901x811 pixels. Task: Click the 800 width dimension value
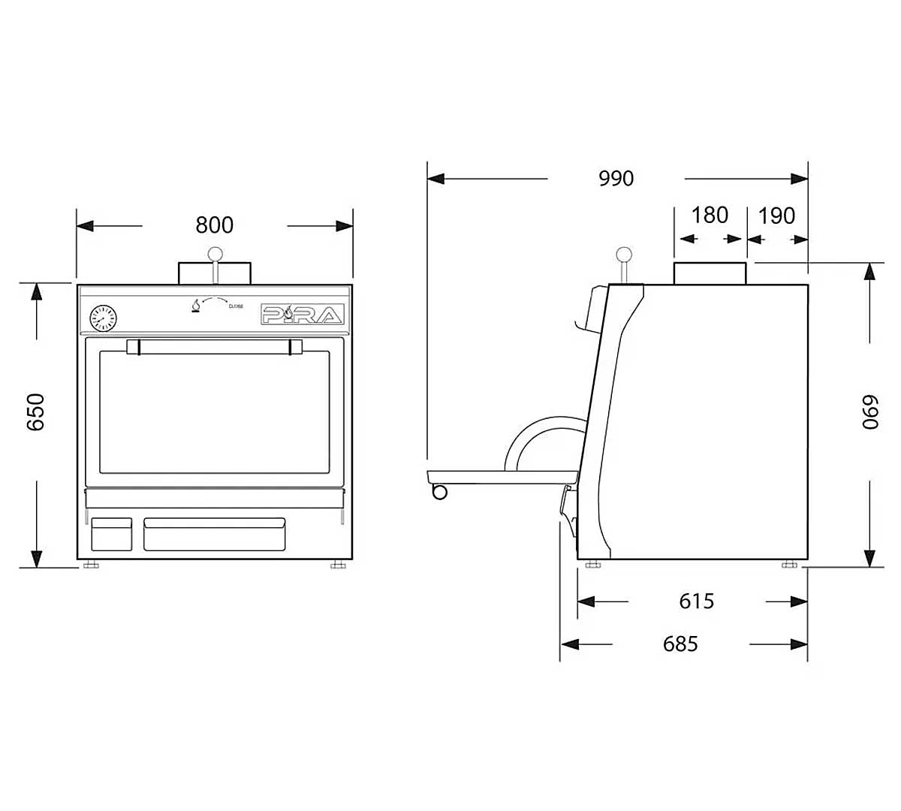coord(215,225)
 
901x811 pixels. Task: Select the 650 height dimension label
coord(35,412)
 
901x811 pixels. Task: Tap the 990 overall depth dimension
coord(616,178)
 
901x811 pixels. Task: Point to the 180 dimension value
coord(710,216)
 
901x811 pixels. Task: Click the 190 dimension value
coord(776,216)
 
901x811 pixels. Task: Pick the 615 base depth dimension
coord(696,601)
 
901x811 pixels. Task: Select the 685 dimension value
coord(680,644)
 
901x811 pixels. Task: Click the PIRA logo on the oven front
coord(303,315)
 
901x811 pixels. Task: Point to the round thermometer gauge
coord(102,318)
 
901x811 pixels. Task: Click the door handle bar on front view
coord(215,346)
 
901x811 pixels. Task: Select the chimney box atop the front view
coord(215,273)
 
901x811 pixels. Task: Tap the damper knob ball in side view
coord(622,254)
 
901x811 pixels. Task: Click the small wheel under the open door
coord(439,492)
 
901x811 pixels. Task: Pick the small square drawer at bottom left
coord(111,533)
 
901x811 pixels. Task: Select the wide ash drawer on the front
coord(215,533)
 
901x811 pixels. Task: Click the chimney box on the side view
coord(710,273)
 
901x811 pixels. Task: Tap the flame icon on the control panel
coord(196,306)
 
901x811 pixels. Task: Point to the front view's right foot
coord(338,564)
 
